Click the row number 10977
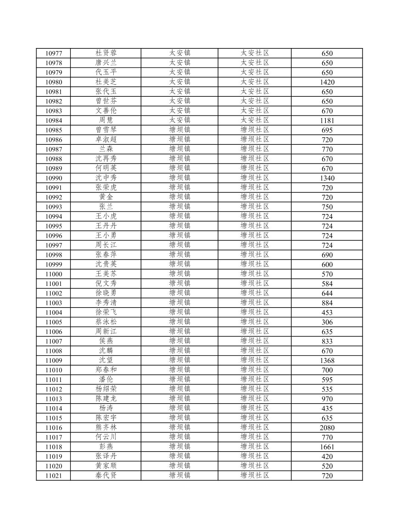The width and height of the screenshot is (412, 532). (54, 53)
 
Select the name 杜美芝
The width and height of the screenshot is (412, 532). (106, 82)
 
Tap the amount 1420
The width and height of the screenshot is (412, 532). (327, 82)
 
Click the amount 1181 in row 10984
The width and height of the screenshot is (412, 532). (327, 121)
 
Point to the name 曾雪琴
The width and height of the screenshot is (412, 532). (106, 130)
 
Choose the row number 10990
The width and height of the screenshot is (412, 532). (54, 178)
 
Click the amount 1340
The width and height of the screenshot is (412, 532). (327, 178)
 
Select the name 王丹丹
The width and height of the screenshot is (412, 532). (106, 226)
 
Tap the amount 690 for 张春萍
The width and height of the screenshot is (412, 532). (327, 255)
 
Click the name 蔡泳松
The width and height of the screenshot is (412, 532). (106, 322)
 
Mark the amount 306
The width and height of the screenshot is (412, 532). (327, 322)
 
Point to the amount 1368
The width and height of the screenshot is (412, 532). (327, 361)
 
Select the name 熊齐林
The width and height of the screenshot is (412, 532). (106, 427)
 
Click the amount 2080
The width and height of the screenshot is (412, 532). (327, 428)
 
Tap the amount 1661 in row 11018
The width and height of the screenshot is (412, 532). (327, 447)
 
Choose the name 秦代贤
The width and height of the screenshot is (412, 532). (106, 475)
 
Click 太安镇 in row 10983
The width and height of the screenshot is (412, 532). (180, 111)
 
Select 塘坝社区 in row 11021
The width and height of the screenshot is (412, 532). (255, 475)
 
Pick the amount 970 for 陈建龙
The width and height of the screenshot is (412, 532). (327, 399)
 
